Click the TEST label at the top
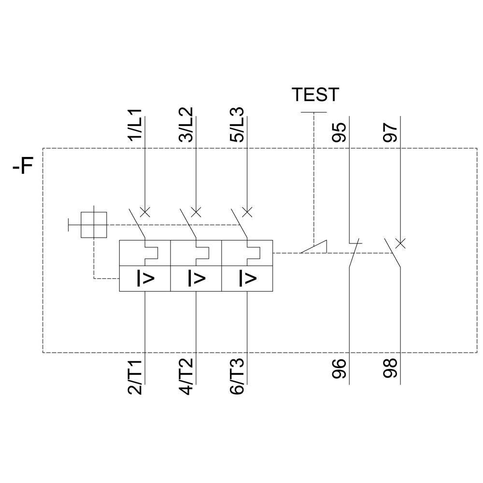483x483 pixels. (315, 95)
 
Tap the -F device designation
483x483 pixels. (23, 168)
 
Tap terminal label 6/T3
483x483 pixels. (238, 377)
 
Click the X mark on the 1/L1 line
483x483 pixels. (145, 212)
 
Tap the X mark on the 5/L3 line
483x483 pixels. (247, 212)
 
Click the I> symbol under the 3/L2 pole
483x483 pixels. (197, 278)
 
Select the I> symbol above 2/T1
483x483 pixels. (145, 278)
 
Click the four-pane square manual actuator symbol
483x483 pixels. (94, 225)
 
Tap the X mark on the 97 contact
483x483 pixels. (400, 243)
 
